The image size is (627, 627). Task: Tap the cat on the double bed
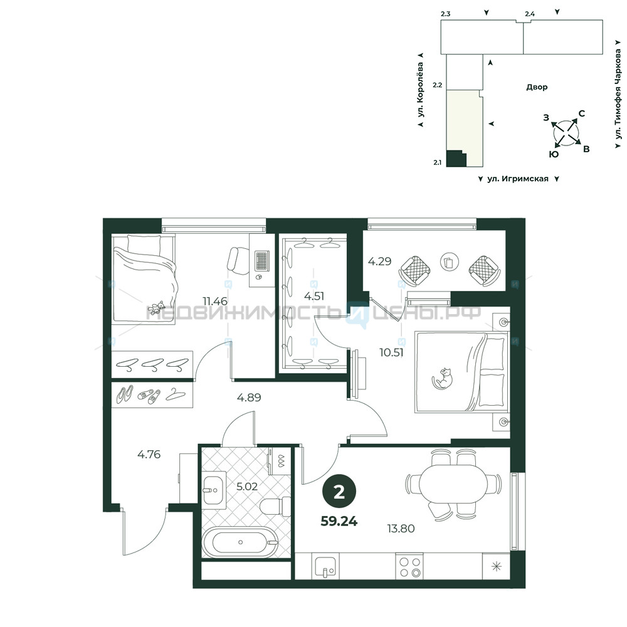pos(442,378)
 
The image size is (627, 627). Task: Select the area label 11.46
pos(215,301)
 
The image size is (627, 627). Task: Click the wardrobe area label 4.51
pos(314,296)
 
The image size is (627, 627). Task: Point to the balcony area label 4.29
pos(379,261)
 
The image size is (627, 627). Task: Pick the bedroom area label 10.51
pos(391,352)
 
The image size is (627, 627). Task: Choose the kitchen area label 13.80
pos(401,528)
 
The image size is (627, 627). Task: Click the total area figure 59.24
pos(339,521)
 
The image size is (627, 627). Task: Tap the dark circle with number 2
pos(339,492)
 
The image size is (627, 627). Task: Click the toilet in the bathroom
pos(275,507)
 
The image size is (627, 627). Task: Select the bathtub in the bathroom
pos(240,542)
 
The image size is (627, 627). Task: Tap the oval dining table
pos(453,483)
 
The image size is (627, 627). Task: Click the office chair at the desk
pos(238,260)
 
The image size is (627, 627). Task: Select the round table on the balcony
pos(450,262)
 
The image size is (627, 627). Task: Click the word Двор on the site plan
pos(537,87)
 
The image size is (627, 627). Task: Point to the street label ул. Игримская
pos(518,179)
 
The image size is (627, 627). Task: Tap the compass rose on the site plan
pos(566,133)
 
